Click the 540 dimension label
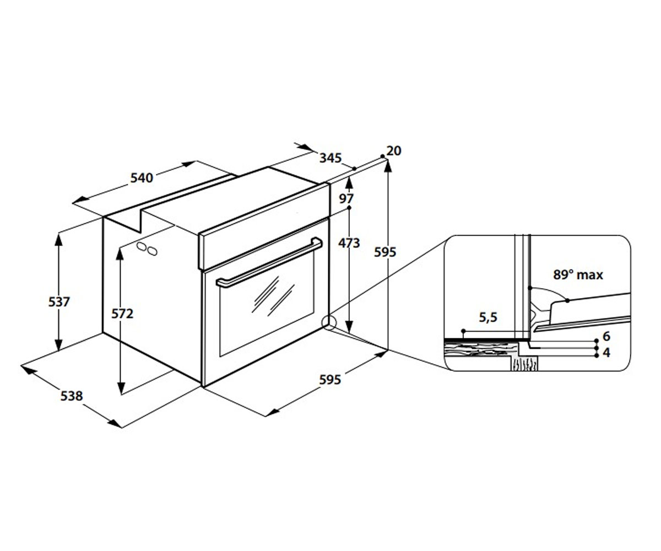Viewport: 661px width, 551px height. click(142, 178)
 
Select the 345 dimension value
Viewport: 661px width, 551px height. click(330, 158)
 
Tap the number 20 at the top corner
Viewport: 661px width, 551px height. click(394, 151)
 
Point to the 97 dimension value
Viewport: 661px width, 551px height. click(346, 198)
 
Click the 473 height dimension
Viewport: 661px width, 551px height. click(349, 243)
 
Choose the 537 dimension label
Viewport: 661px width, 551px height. click(59, 302)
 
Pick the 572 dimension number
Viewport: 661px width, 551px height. click(122, 314)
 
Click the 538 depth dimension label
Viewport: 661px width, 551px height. click(72, 396)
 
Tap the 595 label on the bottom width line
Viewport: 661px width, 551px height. click(330, 380)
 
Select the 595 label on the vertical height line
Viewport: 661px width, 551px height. click(385, 252)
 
